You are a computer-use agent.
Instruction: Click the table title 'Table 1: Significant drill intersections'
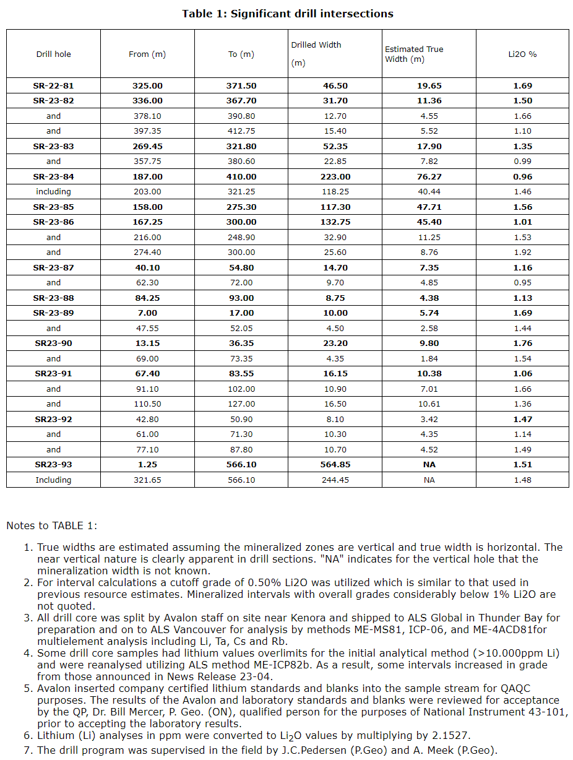tap(287, 14)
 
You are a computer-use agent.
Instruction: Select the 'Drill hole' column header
tap(54, 54)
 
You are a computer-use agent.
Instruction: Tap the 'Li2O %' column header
tap(522, 54)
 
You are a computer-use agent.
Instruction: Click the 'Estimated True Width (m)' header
tap(414, 54)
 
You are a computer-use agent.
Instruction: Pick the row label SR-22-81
tap(54, 86)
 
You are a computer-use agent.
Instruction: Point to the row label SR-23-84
tap(54, 177)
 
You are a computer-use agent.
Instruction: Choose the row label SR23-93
tap(54, 465)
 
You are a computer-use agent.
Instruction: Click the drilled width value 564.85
tap(335, 465)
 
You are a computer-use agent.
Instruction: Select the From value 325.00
tap(147, 86)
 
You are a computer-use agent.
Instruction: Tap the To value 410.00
tap(241, 177)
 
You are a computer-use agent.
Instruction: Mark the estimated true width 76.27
tap(429, 177)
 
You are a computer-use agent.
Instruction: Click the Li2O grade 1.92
tap(522, 253)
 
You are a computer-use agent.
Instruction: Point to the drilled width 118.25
tap(335, 192)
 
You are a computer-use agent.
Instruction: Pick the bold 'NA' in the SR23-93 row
tap(429, 465)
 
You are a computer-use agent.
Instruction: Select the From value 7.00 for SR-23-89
tap(147, 313)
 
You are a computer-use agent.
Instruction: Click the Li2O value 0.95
tap(522, 283)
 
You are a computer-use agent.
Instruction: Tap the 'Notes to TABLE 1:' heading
tap(52, 526)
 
